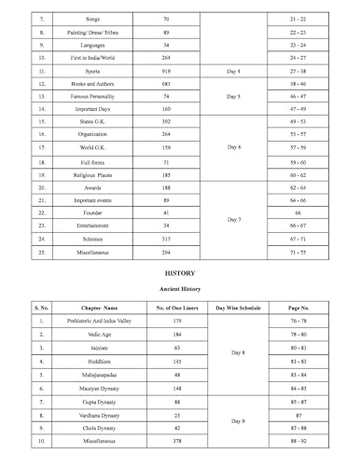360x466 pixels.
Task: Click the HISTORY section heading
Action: click(x=179, y=275)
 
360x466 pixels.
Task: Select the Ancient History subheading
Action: click(x=179, y=290)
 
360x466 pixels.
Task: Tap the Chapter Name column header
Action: click(x=98, y=307)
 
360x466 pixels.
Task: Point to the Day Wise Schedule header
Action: click(x=237, y=307)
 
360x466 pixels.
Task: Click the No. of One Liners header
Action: click(x=171, y=307)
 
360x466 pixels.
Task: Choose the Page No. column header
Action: click(x=298, y=307)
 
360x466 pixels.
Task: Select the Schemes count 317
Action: click(x=166, y=240)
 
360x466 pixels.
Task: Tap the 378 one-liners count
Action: click(x=171, y=441)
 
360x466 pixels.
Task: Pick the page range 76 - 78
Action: click(x=298, y=321)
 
